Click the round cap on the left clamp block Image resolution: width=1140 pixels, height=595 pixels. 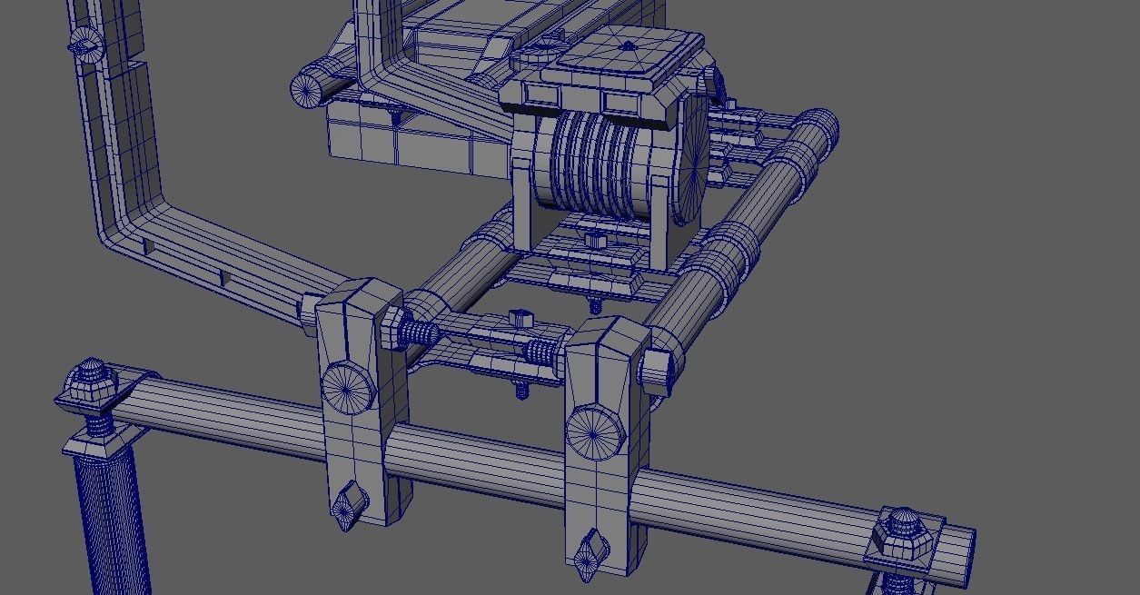[x=347, y=388]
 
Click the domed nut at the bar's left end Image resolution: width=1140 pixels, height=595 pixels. [x=92, y=379]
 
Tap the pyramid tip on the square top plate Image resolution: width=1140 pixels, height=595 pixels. [x=629, y=46]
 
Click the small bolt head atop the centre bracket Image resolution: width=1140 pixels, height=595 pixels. [x=520, y=318]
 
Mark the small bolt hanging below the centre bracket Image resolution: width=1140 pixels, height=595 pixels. [x=522, y=390]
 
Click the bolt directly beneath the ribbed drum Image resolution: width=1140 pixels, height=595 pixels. [x=596, y=243]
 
